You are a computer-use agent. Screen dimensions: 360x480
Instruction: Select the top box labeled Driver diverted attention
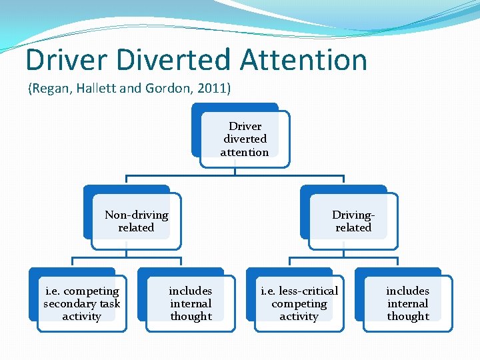245,139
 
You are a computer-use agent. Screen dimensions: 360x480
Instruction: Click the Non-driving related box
136,221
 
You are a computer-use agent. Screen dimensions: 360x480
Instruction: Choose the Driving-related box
353,221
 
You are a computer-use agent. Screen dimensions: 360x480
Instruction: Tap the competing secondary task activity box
81,303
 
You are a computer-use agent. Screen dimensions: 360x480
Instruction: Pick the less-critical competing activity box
299,303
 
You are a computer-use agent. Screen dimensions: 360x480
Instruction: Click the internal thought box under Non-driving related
191,303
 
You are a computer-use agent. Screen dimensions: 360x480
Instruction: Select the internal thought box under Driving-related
407,303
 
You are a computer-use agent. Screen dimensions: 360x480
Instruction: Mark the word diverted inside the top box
245,139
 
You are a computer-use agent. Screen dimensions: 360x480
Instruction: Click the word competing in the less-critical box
299,303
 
